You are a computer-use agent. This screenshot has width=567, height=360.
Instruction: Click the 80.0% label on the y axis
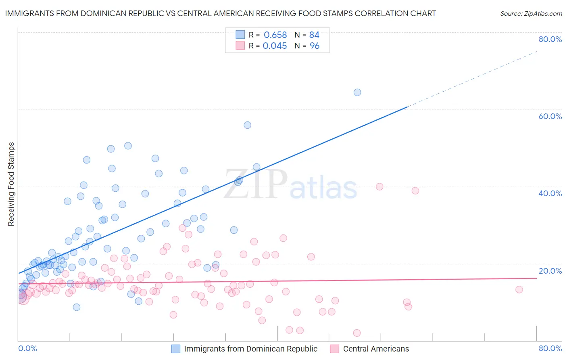point(550,39)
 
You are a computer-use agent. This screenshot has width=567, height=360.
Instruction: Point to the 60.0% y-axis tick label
point(550,116)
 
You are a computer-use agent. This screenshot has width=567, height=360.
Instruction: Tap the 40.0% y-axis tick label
point(550,193)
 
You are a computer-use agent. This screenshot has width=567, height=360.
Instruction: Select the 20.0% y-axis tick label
point(550,271)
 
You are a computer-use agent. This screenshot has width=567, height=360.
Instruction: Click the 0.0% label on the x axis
point(27,348)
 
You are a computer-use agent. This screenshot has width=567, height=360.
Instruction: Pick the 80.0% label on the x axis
point(550,348)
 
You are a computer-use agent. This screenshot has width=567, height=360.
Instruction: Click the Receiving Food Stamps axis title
point(11,184)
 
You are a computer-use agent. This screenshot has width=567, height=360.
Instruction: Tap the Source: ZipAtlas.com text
point(531,14)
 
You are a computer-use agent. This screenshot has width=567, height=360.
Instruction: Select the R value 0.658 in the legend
point(275,35)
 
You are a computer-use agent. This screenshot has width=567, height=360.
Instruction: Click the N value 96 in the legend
point(314,46)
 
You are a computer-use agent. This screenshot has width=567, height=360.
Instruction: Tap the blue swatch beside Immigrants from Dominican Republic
point(176,349)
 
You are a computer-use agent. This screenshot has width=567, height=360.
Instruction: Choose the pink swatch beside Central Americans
point(335,349)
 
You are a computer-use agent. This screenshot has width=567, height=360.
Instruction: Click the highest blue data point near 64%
point(357,92)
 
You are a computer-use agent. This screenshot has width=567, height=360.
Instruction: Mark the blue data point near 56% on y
point(248,125)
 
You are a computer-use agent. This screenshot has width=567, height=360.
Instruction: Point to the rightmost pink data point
point(519,289)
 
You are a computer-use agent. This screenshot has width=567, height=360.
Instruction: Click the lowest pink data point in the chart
point(356,333)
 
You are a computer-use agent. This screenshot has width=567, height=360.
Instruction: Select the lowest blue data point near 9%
point(77,307)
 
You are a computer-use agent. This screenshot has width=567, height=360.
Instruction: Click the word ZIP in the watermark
point(256,185)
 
